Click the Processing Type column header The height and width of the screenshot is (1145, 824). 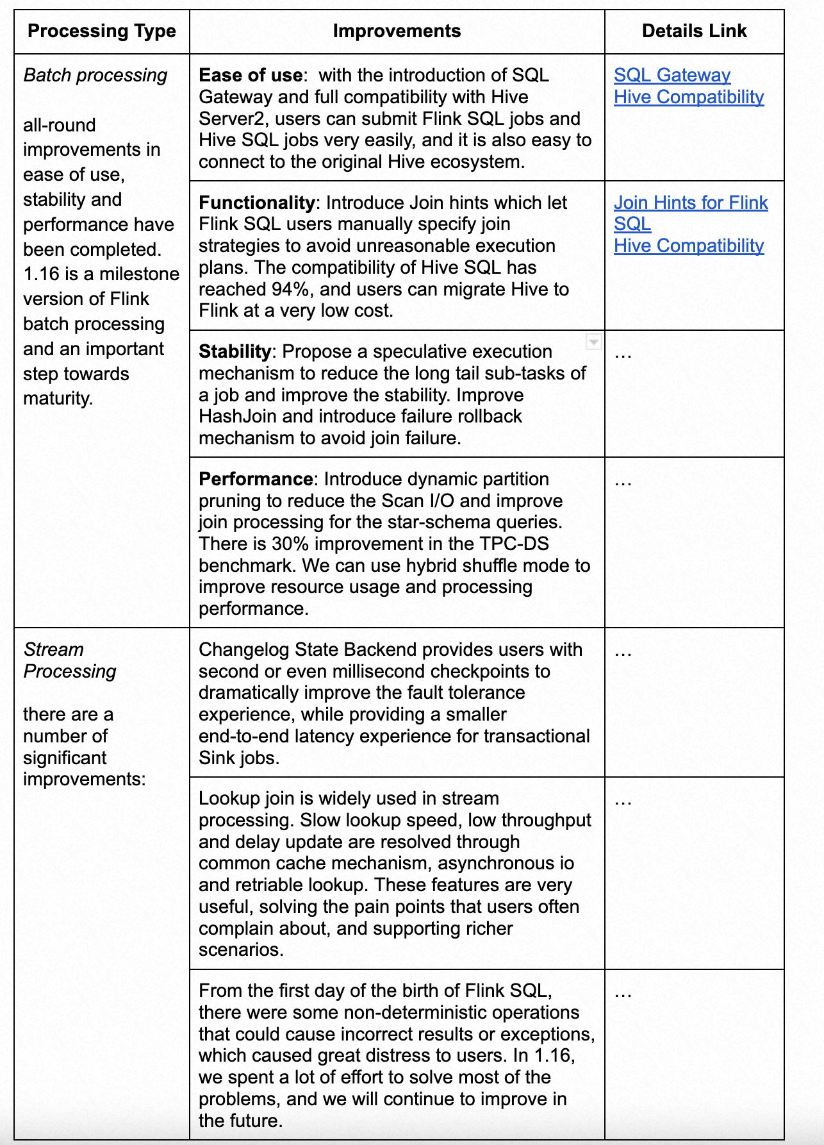pyautogui.click(x=101, y=31)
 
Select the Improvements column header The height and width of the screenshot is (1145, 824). pyautogui.click(x=397, y=31)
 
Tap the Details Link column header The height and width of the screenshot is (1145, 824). pyautogui.click(x=694, y=31)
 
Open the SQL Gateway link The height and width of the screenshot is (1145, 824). pyautogui.click(x=672, y=76)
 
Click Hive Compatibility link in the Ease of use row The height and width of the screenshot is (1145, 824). pyautogui.click(x=688, y=97)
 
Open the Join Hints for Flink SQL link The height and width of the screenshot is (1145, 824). pyautogui.click(x=690, y=203)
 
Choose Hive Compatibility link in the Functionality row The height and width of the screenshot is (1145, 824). pyautogui.click(x=688, y=246)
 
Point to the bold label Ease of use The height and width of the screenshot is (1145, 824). pyautogui.click(x=251, y=76)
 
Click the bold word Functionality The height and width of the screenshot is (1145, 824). pyautogui.click(x=256, y=203)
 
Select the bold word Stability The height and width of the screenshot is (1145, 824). pyautogui.click(x=235, y=352)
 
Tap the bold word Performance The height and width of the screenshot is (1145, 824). pyautogui.click(x=255, y=480)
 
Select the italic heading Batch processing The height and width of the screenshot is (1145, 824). pyautogui.click(x=95, y=76)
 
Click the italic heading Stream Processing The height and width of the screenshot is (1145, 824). pyautogui.click(x=70, y=660)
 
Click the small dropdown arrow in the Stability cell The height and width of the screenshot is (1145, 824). pyautogui.click(x=594, y=342)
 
